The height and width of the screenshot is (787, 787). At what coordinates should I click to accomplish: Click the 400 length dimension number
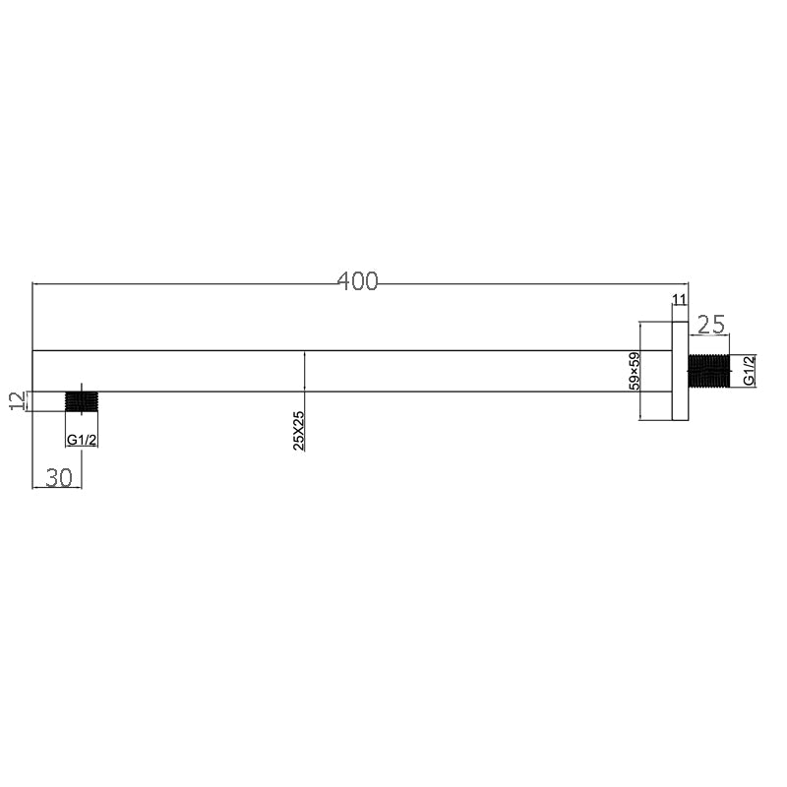coord(357,281)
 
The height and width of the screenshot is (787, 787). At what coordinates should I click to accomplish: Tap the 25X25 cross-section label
coord(299,431)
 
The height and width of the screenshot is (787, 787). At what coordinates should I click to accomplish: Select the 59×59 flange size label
coord(636,372)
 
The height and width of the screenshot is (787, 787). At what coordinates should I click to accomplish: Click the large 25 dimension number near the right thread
coord(710,323)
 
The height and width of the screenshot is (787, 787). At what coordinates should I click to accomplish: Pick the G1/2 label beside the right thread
coord(748,371)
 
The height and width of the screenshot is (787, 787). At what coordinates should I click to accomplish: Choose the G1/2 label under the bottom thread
coord(82,440)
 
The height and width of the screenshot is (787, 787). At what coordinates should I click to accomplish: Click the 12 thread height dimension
coord(15,401)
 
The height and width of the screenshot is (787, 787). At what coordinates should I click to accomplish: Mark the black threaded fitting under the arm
coord(82,401)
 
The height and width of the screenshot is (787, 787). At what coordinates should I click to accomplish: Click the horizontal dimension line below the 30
coord(57,488)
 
